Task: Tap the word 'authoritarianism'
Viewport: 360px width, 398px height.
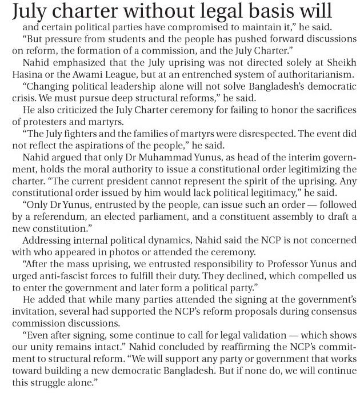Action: [x=301, y=78]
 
